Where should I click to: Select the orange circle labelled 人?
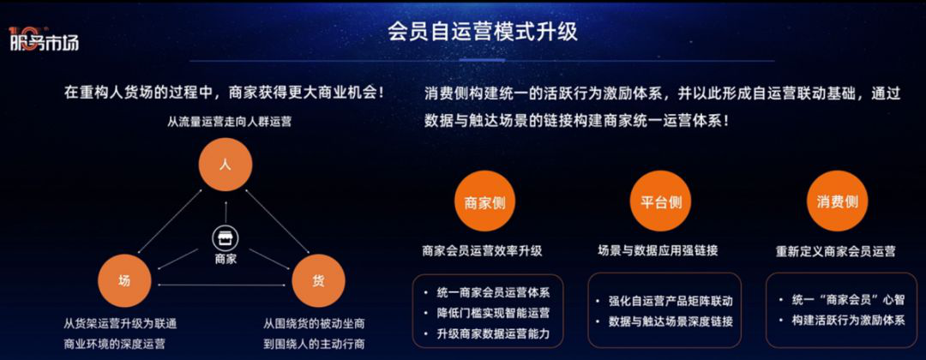coord(225,164)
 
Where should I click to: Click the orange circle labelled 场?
coord(124,281)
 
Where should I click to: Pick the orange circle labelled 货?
coord(318,281)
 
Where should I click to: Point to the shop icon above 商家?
coord(225,238)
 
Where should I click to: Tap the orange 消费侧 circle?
coord(837,202)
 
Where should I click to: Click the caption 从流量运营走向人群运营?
coord(229,123)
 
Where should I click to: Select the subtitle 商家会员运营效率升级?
coord(482,250)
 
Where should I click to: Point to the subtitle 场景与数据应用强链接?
coord(658,250)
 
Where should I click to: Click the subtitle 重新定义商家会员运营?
coord(836,251)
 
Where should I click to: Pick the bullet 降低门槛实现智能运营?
coord(493,314)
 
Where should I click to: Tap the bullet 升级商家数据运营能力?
coord(493,334)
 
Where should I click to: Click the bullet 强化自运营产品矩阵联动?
coord(670,301)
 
